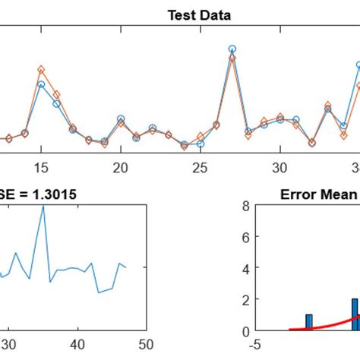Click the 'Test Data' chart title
[x=200, y=14]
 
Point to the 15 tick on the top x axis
[x=41, y=166]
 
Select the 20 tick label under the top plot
[x=121, y=166]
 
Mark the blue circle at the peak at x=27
[x=232, y=49]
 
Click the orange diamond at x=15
[x=41, y=70]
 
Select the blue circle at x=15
[x=41, y=84]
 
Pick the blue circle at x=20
[x=121, y=119]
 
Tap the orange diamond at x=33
[x=327, y=106]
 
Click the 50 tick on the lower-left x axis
[x=146, y=344]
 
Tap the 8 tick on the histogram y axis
[x=245, y=205]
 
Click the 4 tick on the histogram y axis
[x=245, y=268]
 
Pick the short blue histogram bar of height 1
[x=308, y=322]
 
